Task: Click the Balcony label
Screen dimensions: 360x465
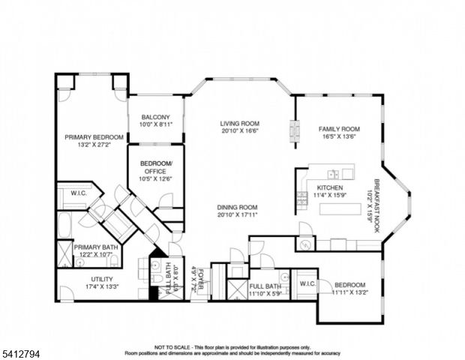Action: tap(155, 117)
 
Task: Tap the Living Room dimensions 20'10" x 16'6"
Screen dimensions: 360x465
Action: tap(239, 130)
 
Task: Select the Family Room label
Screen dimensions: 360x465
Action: tap(339, 129)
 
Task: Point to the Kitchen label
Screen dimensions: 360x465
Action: tap(330, 187)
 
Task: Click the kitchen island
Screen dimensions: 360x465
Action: tap(340, 209)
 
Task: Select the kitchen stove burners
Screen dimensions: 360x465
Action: tap(302, 198)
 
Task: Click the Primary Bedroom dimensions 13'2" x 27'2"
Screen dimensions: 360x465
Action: tap(93, 145)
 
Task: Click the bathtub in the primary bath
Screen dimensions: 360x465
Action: tap(64, 225)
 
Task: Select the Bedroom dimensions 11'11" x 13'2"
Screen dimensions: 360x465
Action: tap(350, 292)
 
